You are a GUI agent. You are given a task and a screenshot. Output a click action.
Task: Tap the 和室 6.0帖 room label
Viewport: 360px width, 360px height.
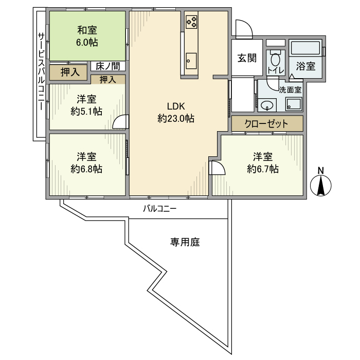(87, 37)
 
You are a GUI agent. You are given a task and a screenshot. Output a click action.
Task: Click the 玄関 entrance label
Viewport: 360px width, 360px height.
(246, 58)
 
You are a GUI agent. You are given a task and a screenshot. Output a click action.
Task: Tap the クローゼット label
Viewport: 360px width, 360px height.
(266, 124)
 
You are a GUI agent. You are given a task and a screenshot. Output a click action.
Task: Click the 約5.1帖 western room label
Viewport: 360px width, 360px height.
(86, 105)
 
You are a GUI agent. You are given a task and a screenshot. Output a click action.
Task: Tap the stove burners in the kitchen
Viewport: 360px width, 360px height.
(191, 22)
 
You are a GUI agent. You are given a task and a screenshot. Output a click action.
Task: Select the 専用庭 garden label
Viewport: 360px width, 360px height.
(185, 242)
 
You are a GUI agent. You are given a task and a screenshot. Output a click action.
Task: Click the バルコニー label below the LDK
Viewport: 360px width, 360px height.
(159, 209)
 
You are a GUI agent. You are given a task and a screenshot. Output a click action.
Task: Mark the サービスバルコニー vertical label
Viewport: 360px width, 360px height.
(40, 73)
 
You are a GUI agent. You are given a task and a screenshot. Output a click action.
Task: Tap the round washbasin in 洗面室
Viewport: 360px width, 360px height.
(266, 105)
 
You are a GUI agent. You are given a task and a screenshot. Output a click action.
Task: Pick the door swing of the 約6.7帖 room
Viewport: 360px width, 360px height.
(217, 168)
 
